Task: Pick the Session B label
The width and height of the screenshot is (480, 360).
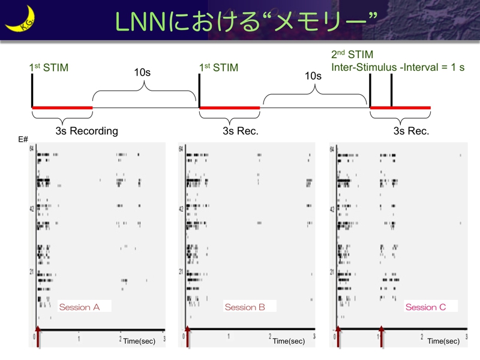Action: coord(245,307)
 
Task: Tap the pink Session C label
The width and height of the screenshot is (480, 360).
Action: coord(425,307)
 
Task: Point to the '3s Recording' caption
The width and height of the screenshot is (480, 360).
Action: coord(86,131)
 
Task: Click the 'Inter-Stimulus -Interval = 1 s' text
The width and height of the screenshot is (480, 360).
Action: coord(398,67)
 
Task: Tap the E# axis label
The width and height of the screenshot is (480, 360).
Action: coord(23,139)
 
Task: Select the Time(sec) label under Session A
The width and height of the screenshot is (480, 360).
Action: coord(140,341)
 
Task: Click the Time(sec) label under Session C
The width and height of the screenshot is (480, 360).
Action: coord(443,341)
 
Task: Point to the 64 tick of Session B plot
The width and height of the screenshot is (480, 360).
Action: coord(181,148)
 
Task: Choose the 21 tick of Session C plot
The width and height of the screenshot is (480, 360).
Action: coord(332,272)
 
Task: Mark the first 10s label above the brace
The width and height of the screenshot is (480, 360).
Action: coord(142,73)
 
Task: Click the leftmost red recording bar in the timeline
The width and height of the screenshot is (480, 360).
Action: coord(62,108)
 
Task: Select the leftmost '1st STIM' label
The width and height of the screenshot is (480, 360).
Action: coord(49,68)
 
